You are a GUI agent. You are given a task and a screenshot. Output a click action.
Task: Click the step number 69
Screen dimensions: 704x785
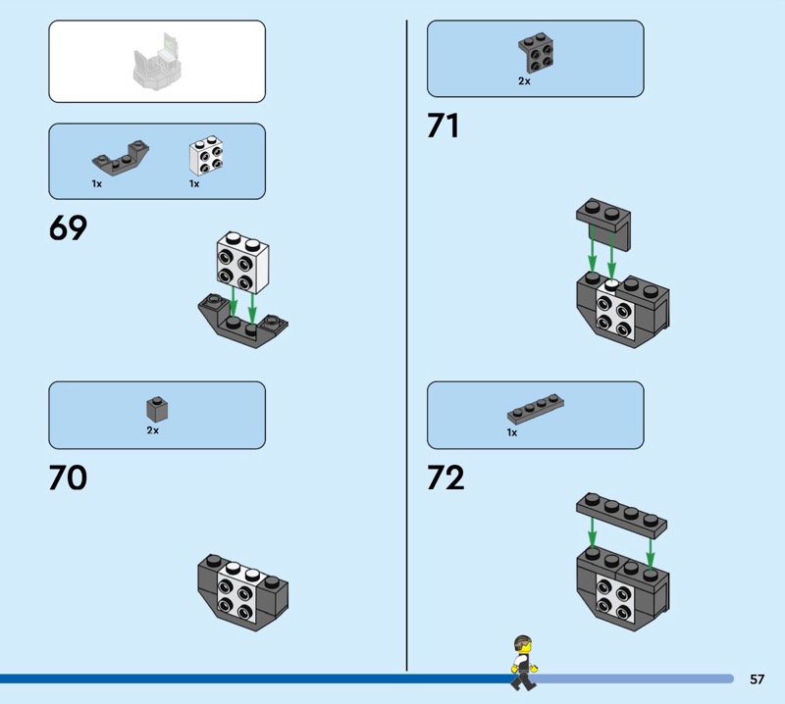(68, 227)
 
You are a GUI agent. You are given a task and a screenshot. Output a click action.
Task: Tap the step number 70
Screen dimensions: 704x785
(68, 478)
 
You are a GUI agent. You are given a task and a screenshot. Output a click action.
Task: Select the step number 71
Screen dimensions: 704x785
(444, 126)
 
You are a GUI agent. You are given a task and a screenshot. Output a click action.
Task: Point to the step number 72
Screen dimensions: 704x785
(445, 478)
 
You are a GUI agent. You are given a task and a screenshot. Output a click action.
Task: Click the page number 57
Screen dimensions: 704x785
(757, 679)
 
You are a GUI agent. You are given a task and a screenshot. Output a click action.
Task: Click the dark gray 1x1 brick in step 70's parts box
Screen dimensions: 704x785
(154, 408)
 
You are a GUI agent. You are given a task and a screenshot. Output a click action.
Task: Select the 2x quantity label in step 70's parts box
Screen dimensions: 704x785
(152, 429)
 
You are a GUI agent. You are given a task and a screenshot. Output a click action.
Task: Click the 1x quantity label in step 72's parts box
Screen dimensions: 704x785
(511, 432)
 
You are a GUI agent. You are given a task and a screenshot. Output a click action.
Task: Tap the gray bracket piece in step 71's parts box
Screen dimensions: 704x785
(535, 55)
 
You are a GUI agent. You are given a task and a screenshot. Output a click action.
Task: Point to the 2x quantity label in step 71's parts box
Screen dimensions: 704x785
(524, 81)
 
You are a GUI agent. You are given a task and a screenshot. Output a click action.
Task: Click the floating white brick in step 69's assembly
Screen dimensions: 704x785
(242, 261)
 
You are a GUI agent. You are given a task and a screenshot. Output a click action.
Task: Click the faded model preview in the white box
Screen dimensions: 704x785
(158, 62)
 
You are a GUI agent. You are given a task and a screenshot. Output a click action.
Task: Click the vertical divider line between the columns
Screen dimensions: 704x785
(406, 343)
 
